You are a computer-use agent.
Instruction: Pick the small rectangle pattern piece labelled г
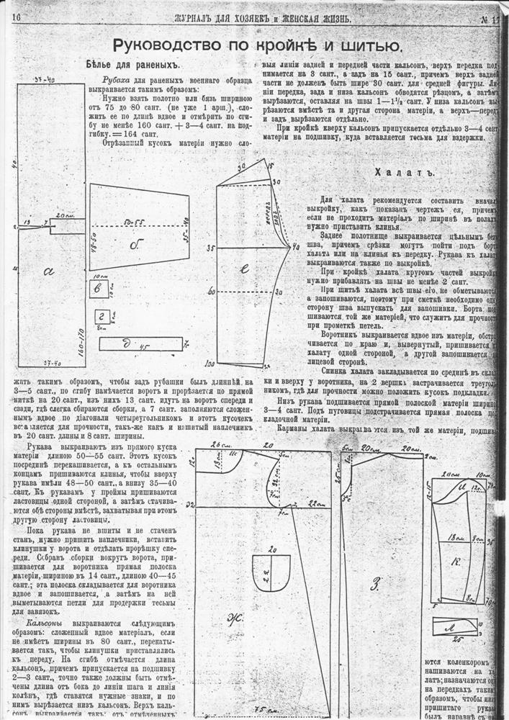click(102, 316)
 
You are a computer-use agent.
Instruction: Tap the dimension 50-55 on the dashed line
click(132, 216)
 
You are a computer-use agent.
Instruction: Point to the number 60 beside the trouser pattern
click(212, 292)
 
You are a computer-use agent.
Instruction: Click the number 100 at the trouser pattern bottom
click(211, 364)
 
